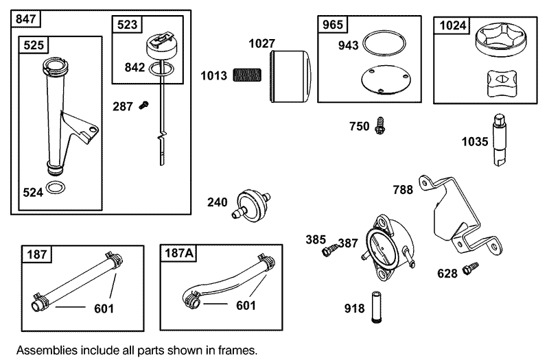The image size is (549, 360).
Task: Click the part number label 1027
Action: [261, 44]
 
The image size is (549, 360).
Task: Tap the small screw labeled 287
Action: [144, 105]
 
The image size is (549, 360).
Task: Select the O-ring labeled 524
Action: [56, 187]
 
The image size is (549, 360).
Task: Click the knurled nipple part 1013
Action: [247, 75]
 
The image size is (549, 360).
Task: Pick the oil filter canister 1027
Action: [290, 76]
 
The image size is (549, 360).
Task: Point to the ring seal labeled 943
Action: [384, 43]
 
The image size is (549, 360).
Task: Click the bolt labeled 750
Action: [379, 125]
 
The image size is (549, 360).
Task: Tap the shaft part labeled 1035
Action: [500, 140]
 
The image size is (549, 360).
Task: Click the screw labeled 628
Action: [470, 269]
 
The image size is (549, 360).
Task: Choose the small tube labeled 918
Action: [377, 307]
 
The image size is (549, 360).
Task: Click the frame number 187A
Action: [178, 253]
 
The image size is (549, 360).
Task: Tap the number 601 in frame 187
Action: [104, 309]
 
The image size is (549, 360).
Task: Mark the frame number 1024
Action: [452, 25]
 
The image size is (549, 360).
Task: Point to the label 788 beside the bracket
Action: [403, 190]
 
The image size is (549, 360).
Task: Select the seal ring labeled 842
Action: [161, 69]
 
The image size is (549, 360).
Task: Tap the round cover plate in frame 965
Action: [386, 80]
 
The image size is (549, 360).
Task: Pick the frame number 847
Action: [25, 19]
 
